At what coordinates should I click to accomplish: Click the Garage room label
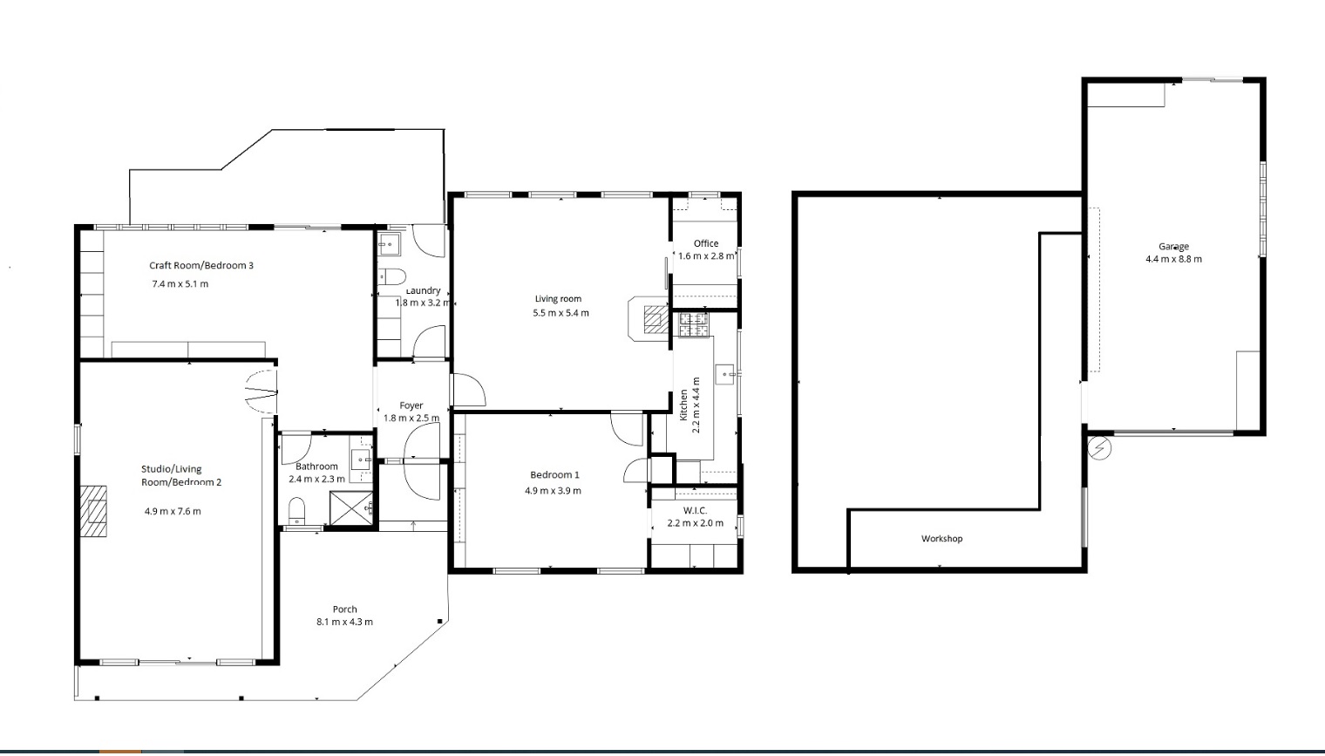[x=1173, y=247]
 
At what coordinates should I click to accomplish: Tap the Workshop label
[x=941, y=539]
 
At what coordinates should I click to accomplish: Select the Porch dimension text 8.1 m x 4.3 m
[x=344, y=622]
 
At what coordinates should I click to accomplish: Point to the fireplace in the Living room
[x=652, y=320]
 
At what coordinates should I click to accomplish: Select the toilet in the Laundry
[x=393, y=278]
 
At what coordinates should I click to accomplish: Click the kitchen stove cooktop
[x=694, y=324]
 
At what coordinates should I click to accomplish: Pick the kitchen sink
[x=726, y=375]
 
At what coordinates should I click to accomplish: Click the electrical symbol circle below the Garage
[x=1100, y=448]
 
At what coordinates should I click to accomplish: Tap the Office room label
[x=706, y=243]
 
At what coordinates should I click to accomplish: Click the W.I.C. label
[x=695, y=510]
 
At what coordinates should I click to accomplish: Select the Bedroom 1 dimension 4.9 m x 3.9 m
[x=553, y=491]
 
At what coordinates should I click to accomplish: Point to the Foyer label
[x=411, y=405]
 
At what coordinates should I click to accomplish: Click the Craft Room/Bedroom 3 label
[x=201, y=265]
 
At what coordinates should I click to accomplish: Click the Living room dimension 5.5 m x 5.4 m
[x=561, y=313]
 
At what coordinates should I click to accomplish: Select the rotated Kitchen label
[x=684, y=405]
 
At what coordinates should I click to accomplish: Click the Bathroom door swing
[x=295, y=448]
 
